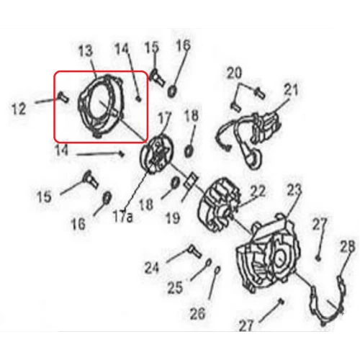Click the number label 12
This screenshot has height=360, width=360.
point(19,109)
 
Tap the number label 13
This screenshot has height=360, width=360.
point(86,52)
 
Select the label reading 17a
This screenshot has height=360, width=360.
point(123,217)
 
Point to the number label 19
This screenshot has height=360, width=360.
point(173,217)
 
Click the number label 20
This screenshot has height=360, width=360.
point(235,73)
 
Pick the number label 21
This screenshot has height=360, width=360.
point(291,89)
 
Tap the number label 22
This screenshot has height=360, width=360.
point(258,191)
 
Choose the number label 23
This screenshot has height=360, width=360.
point(294,189)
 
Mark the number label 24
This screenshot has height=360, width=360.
point(152,267)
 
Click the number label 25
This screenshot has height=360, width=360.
point(175,287)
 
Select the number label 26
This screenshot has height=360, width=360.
point(197,313)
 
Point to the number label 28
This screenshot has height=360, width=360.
point(348,246)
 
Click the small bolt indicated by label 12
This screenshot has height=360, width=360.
point(63,97)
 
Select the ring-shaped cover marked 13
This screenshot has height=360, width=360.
point(101,106)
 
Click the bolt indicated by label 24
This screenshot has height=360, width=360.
point(196,251)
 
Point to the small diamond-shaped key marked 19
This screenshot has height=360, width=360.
point(191,181)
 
